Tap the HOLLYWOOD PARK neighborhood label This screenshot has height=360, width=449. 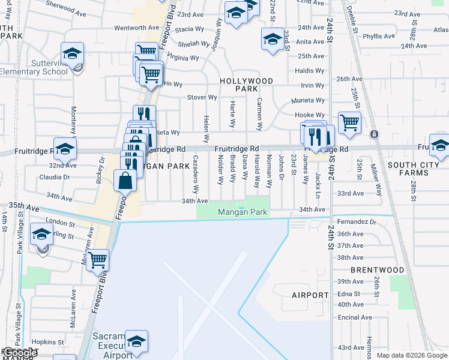point(246,85)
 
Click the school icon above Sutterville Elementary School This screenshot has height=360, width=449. point(72,53)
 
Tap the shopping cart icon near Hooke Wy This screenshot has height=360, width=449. point(349,122)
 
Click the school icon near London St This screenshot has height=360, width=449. point(41,235)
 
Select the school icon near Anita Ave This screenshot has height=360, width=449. point(273,39)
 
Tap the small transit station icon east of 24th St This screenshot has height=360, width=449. point(374,134)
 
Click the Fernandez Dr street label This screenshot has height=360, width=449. point(356,221)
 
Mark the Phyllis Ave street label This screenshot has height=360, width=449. point(379,36)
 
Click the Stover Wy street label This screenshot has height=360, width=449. point(202,97)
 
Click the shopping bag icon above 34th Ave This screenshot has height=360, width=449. point(125,180)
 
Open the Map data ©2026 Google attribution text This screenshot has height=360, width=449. point(412,355)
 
